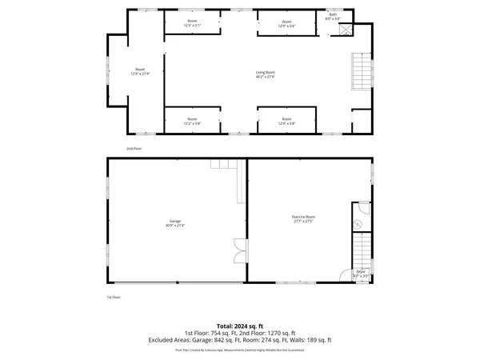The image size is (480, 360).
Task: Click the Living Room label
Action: pos(265,74)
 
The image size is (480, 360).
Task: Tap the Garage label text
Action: pos(174,221)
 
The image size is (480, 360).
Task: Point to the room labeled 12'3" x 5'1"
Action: pos(193,24)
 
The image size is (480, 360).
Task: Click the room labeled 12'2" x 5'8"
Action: pos(193,122)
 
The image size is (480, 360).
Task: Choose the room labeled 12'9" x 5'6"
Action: pos(287,24)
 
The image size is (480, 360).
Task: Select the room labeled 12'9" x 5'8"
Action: pos(287,122)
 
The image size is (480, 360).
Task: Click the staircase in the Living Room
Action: pos(362,72)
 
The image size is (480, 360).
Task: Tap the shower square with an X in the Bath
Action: pos(346,30)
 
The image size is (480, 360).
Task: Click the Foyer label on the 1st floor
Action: pos(362,272)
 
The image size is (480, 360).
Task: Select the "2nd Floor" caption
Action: pos(134,149)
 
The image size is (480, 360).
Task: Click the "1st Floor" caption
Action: pos(114,297)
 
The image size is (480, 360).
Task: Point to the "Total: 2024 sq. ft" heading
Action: pos(239,326)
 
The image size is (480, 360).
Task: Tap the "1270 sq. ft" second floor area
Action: pos(281,332)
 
